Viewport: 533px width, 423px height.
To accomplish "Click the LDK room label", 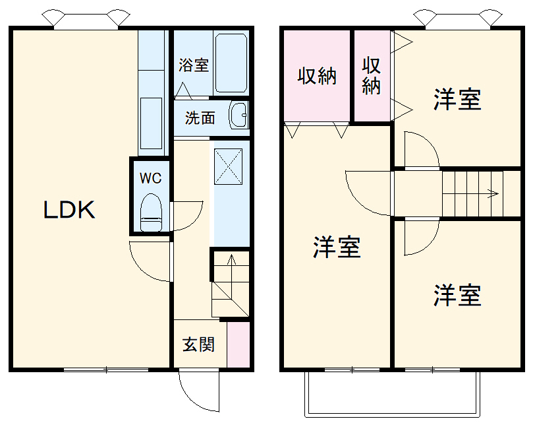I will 70,210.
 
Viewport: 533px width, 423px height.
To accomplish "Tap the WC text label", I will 150,178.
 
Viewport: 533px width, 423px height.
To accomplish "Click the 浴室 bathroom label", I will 194,65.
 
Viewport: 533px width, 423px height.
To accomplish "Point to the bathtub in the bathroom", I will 230,63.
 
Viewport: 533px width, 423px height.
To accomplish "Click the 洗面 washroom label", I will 200,118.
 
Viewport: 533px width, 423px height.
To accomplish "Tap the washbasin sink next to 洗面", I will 238,116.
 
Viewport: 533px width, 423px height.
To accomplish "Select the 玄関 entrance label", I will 198,344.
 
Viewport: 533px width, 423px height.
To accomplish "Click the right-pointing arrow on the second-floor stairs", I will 491,193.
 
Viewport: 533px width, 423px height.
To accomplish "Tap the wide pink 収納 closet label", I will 317,76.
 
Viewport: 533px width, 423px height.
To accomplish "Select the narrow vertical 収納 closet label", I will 372,76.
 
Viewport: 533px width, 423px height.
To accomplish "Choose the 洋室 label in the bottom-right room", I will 457,295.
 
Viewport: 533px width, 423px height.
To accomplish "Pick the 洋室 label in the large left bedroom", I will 336,247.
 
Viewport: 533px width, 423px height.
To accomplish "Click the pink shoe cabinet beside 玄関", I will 238,344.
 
